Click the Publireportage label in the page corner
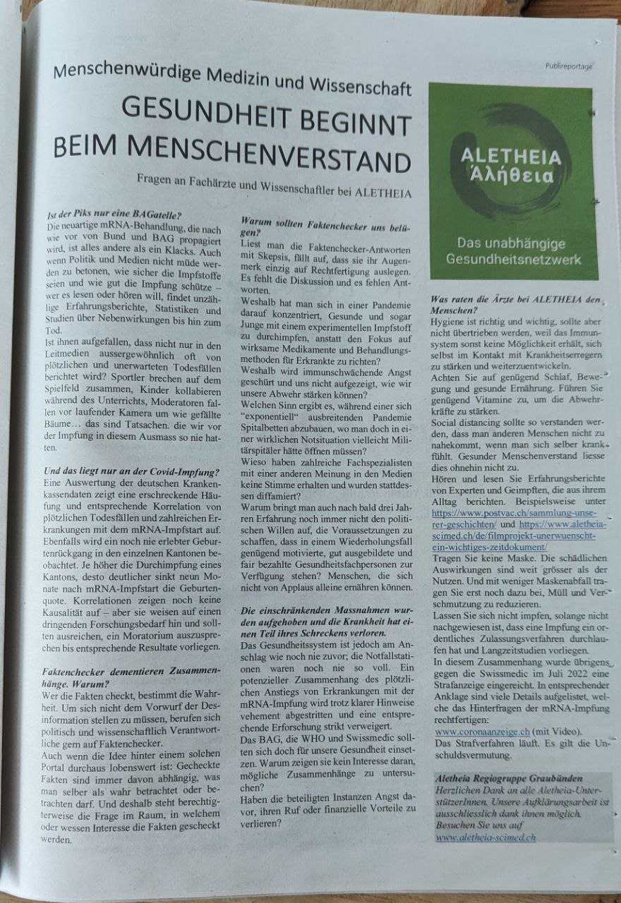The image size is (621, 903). point(568,66)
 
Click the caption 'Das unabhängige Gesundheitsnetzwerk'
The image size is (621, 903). point(512,251)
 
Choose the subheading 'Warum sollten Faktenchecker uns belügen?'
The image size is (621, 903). point(325,226)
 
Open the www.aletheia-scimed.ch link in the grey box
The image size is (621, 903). point(485,837)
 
